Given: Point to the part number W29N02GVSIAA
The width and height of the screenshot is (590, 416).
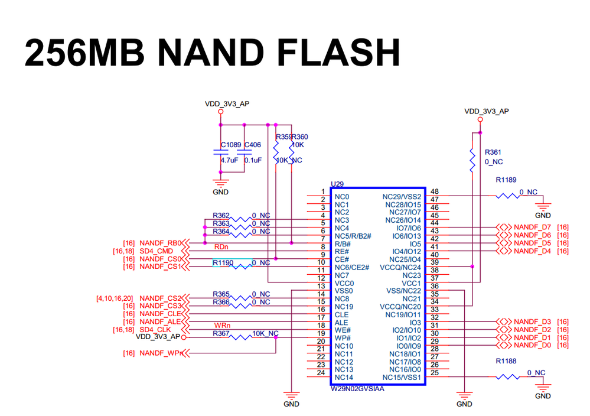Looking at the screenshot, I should (x=357, y=389).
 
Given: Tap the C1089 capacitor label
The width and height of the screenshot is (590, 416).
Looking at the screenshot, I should (x=231, y=145).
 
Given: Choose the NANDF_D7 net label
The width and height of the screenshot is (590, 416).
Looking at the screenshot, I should (x=532, y=227).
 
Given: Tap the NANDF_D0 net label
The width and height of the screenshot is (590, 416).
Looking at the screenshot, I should (x=532, y=345).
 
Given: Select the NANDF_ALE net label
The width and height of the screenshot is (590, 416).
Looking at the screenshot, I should (x=160, y=321).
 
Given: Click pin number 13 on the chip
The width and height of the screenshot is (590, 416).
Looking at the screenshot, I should (x=322, y=286).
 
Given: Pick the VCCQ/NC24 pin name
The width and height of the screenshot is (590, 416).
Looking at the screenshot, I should (x=401, y=267).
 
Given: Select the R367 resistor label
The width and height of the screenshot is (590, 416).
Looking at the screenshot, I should (x=221, y=334).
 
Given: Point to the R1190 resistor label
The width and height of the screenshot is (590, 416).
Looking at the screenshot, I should (x=223, y=262).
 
